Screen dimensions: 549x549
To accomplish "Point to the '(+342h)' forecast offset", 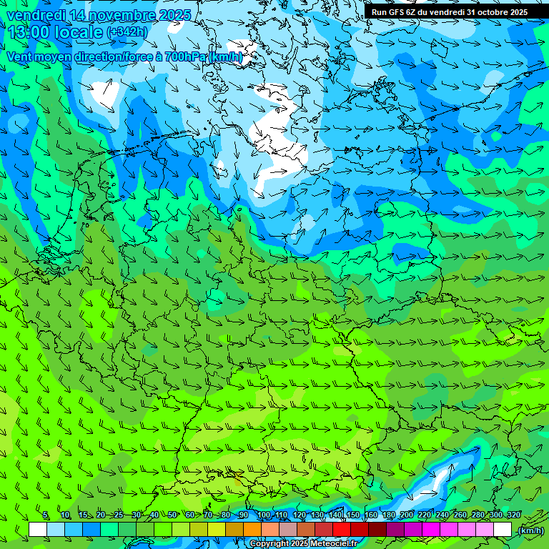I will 127,31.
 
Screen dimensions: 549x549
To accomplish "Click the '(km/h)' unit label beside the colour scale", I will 530,530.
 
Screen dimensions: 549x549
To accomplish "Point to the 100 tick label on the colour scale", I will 263,515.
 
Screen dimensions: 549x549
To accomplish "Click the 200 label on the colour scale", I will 407,515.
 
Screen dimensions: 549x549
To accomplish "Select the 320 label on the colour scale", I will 513,515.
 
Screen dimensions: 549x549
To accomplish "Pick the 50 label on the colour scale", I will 172,515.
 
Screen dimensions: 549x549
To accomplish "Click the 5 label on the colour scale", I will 46,515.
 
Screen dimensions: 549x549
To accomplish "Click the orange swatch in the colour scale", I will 252,530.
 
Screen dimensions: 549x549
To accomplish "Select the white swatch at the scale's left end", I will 38,530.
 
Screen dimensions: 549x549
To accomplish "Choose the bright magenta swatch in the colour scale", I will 431,530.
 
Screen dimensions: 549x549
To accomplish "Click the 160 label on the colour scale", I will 371,515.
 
